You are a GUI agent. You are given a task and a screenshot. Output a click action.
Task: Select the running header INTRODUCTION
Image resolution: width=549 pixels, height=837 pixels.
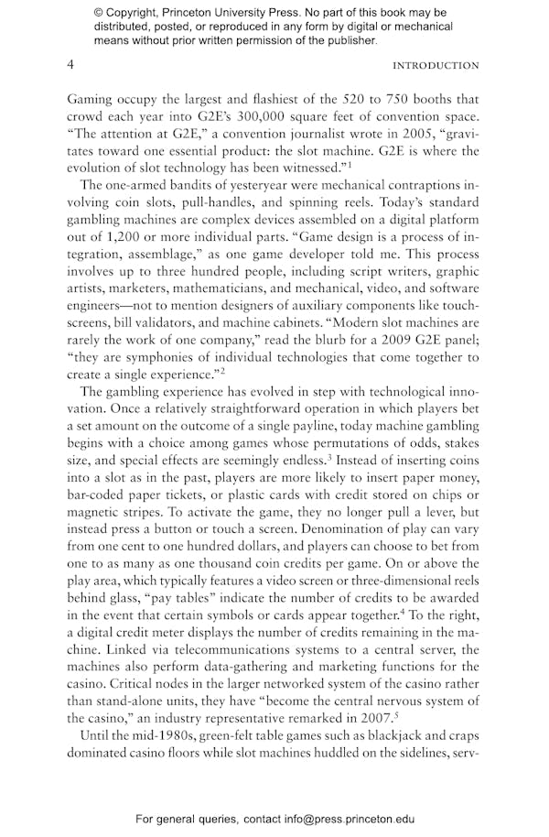coord(435,66)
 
